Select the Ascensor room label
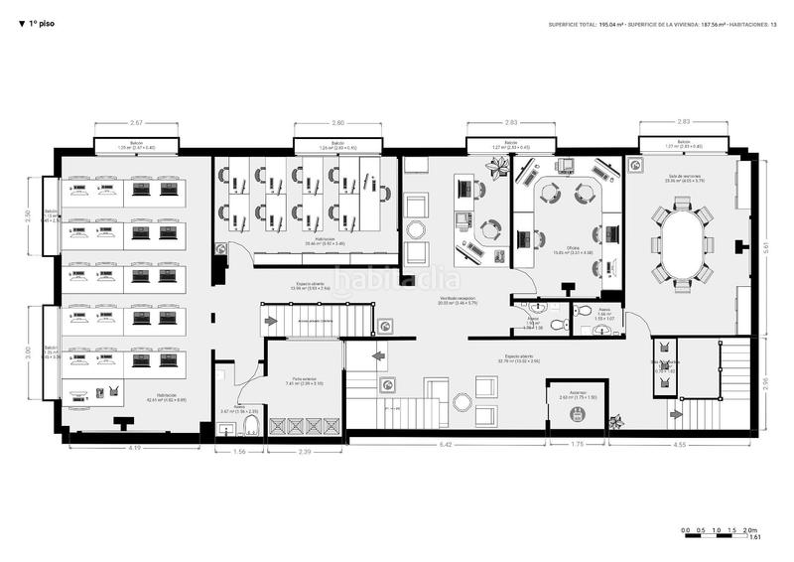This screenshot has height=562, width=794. point(578,393)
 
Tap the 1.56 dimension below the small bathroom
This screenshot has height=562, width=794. point(238,452)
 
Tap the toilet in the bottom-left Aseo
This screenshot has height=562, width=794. point(250,428)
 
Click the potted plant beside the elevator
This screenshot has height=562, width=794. point(617,420)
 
